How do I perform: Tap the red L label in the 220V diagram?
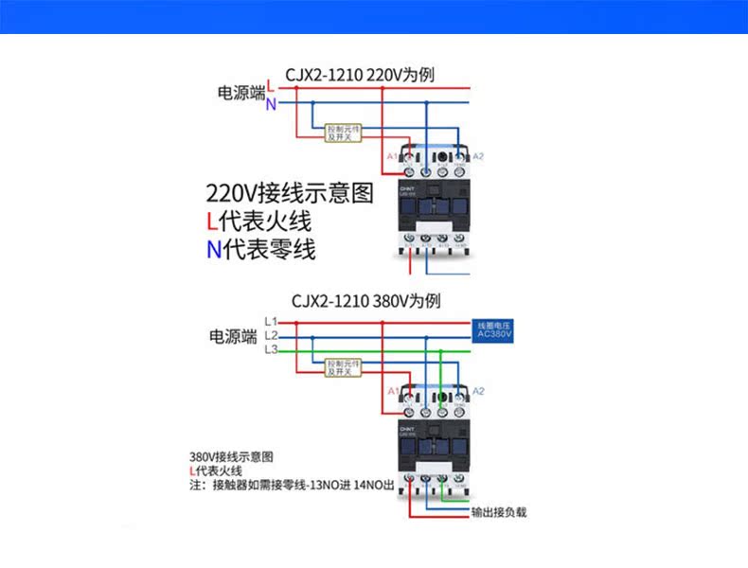click(271, 87)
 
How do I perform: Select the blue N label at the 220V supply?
click(271, 104)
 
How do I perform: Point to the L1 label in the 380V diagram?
click(271, 322)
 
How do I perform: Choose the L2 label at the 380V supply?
click(271, 335)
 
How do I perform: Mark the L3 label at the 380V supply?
click(271, 349)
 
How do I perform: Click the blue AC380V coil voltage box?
click(493, 330)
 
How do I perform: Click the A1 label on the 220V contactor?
click(390, 156)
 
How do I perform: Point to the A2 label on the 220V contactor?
click(478, 156)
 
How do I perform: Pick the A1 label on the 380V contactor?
click(392, 391)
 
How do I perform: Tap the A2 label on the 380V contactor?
click(478, 391)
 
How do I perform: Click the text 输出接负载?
click(499, 512)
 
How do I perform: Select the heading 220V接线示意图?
click(290, 194)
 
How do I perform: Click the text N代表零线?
click(261, 250)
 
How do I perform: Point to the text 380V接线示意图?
click(232, 455)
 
